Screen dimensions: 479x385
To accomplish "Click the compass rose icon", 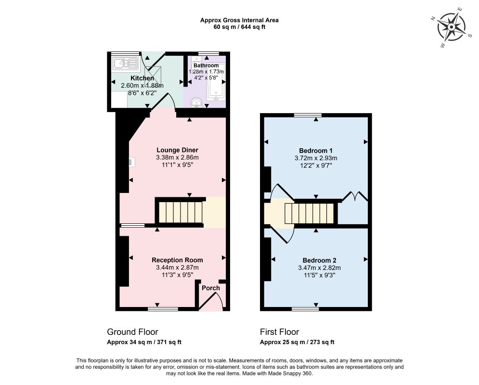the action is [x=451, y=27].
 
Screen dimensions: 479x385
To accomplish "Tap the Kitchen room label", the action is [x=142, y=78].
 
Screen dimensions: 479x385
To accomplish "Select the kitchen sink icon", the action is [x=125, y=64].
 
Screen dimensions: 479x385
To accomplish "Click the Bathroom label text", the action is [x=206, y=65].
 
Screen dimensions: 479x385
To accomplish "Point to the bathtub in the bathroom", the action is [x=216, y=82].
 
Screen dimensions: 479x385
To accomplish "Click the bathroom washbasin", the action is [x=196, y=103].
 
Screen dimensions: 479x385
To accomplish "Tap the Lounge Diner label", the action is [x=177, y=150].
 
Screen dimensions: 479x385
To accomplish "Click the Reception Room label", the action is [x=177, y=260].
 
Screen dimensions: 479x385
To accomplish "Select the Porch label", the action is [x=211, y=288].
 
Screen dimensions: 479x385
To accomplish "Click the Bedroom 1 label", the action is [x=316, y=151].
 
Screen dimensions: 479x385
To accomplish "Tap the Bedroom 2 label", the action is [x=319, y=260].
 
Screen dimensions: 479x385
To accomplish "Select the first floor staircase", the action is [x=309, y=213].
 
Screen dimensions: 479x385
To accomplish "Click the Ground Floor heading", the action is [x=132, y=332].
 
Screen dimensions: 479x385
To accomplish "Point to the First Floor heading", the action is [x=280, y=332].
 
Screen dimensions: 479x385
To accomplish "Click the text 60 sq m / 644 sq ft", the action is [x=239, y=27].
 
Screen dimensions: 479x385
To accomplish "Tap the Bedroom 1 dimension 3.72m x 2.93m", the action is [x=316, y=158].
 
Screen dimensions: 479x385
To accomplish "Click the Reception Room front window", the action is [x=163, y=309].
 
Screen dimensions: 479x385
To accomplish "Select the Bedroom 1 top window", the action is [x=308, y=115].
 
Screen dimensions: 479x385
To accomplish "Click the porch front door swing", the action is [x=212, y=301].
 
